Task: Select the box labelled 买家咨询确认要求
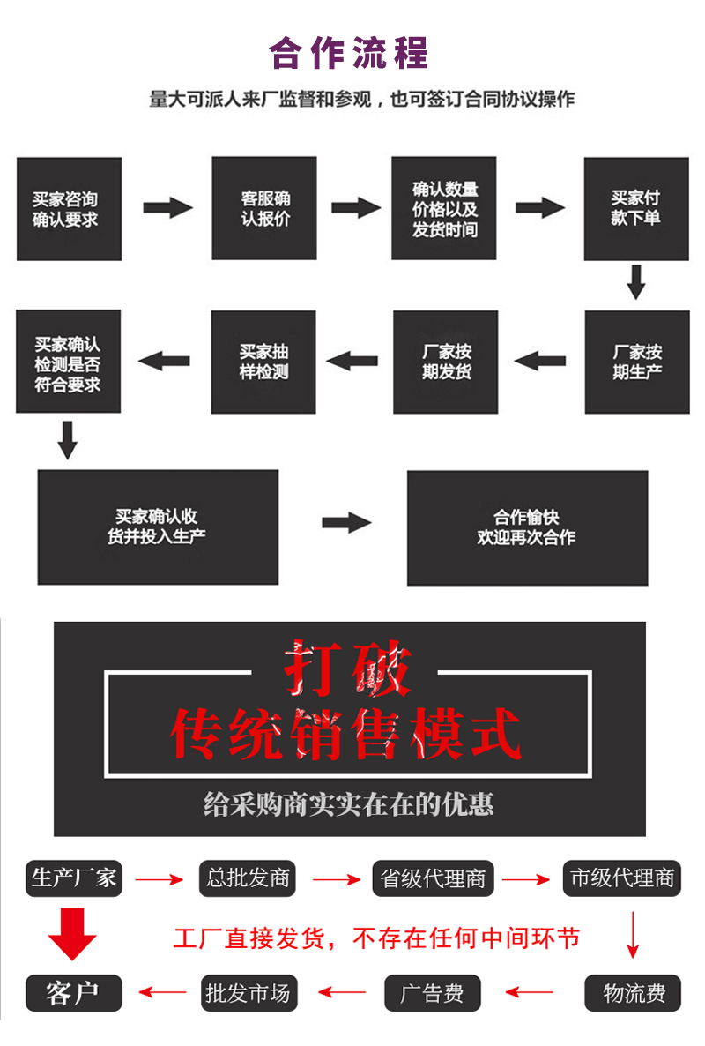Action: click(69, 209)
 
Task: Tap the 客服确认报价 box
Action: click(264, 209)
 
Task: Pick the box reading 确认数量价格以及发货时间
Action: click(444, 209)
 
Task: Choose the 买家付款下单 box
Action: click(635, 209)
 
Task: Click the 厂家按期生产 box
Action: click(636, 362)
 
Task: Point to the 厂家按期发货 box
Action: click(445, 362)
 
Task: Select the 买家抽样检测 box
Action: click(263, 362)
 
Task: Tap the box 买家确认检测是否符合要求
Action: click(68, 362)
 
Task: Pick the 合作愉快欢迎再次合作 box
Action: click(527, 527)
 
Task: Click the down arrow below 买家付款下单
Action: click(636, 283)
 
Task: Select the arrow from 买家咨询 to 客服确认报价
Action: click(167, 208)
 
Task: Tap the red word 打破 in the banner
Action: click(347, 669)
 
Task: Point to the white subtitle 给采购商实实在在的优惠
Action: click(349, 803)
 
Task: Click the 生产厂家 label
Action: click(74, 878)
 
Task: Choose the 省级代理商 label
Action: click(433, 878)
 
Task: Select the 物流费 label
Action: click(634, 994)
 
